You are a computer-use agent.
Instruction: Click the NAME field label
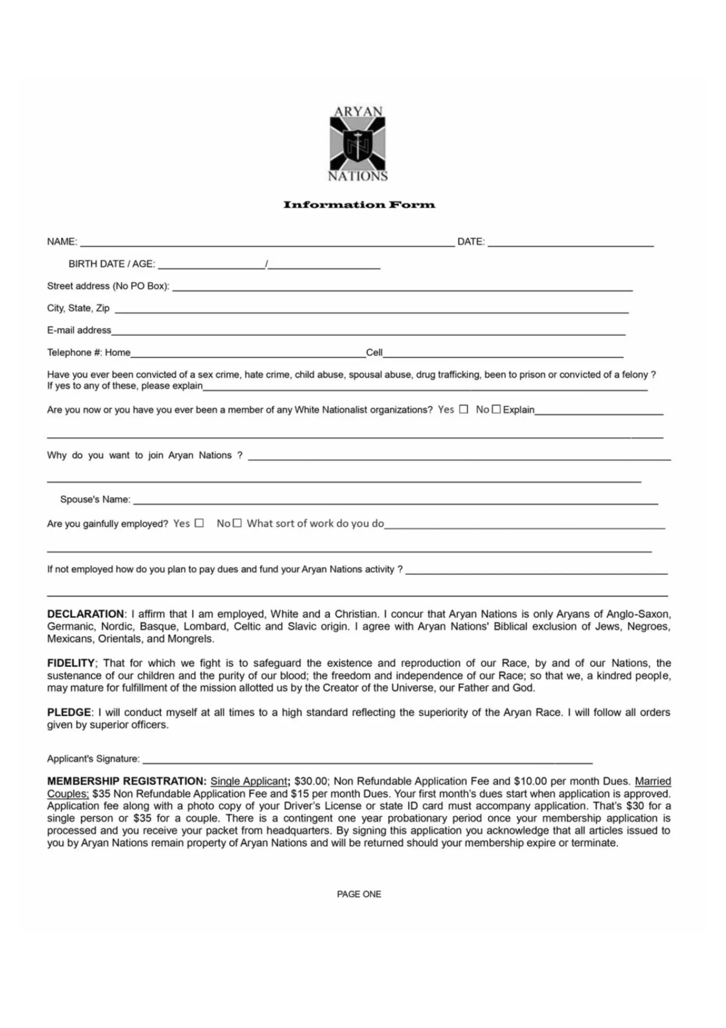coord(62,242)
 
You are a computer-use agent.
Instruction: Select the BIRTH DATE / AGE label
coord(112,264)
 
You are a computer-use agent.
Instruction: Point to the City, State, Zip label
coord(78,308)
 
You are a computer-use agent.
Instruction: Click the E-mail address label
coord(79,330)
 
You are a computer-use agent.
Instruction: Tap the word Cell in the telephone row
coord(374,353)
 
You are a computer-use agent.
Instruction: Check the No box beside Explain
coord(496,409)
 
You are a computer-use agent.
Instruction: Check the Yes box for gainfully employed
coord(199,523)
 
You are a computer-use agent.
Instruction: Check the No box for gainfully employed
coord(237,523)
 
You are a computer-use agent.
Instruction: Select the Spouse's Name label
coord(95,500)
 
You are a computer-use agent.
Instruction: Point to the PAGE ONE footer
coord(359,894)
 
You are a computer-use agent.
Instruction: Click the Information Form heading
coord(359,205)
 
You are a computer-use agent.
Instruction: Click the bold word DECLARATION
coord(85,614)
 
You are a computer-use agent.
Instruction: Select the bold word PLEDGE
coord(69,712)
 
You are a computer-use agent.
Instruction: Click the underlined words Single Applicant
coord(249,781)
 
